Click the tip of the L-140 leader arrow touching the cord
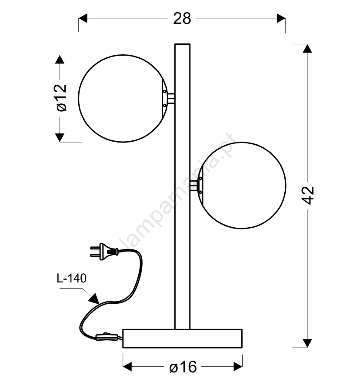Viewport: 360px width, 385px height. pyautogui.click(x=99, y=304)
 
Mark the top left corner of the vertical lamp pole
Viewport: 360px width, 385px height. pyautogui.click(x=175, y=44)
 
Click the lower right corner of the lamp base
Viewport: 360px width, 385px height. pyautogui.click(x=242, y=348)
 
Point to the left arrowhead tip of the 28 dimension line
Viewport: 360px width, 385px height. pyautogui.click(x=79, y=18)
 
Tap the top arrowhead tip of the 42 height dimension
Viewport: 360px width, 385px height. pyautogui.click(x=307, y=44)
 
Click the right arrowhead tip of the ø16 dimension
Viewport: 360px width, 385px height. pyautogui.click(x=242, y=367)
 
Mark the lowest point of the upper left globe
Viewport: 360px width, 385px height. pyautogui.click(x=123, y=142)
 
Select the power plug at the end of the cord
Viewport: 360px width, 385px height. pyautogui.click(x=104, y=252)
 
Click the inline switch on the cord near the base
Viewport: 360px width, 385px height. pyautogui.click(x=107, y=337)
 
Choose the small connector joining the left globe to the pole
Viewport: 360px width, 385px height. pyautogui.click(x=171, y=98)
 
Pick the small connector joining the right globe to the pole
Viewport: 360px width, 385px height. pyautogui.click(x=194, y=186)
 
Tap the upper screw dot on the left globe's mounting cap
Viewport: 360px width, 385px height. pyautogui.click(x=164, y=91)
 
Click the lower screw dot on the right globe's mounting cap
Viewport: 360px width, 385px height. pyautogui.click(x=200, y=192)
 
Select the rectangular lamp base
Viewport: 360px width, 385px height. pyautogui.click(x=182, y=339)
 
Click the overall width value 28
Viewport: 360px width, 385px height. pyautogui.click(x=182, y=18)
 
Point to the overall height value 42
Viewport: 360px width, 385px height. pyautogui.click(x=308, y=196)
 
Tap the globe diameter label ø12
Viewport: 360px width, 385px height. pyautogui.click(x=61, y=98)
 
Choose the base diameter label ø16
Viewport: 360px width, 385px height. pyautogui.click(x=183, y=367)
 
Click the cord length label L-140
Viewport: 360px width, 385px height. pyautogui.click(x=71, y=279)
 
